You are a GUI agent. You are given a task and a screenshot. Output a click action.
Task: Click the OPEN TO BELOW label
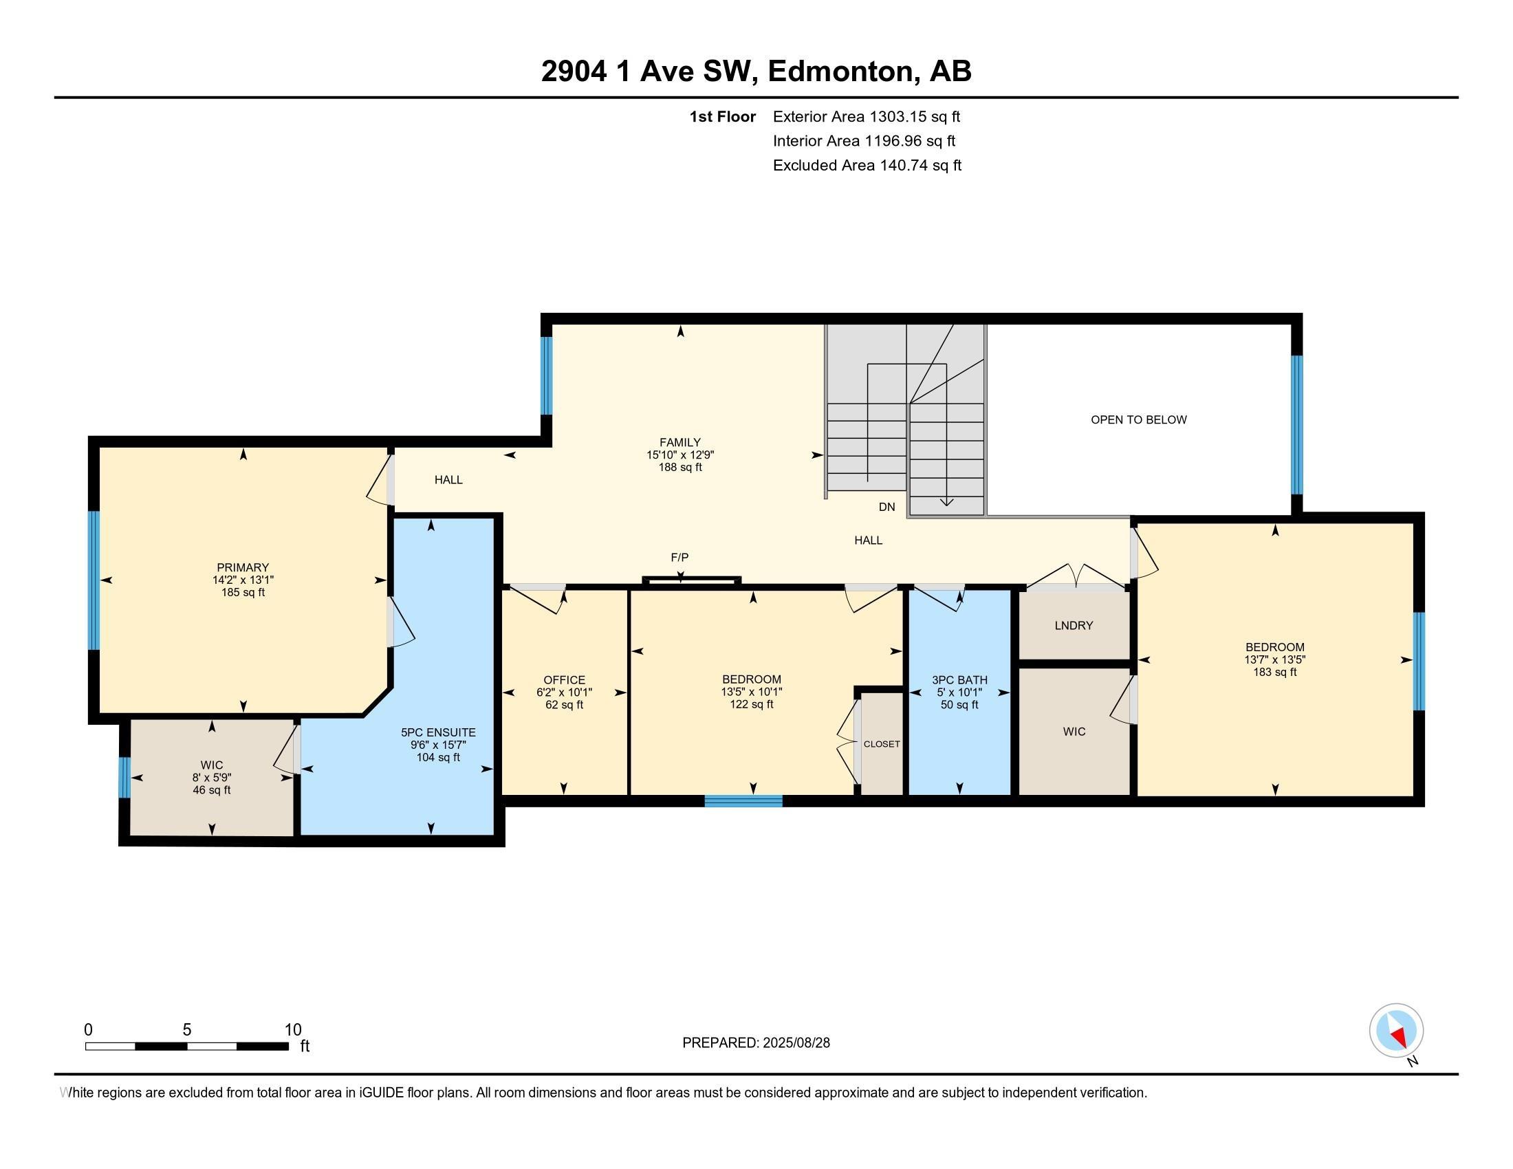tap(1138, 419)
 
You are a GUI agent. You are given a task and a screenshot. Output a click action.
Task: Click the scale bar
tap(186, 1046)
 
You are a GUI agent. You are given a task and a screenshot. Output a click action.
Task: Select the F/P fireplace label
tap(679, 558)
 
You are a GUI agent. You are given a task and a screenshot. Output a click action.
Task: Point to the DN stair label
tap(886, 507)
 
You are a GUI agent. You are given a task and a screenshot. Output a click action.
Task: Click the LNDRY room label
tap(1074, 625)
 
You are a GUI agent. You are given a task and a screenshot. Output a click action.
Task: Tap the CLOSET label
tap(881, 744)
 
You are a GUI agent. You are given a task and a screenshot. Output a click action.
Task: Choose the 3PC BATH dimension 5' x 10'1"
tap(959, 692)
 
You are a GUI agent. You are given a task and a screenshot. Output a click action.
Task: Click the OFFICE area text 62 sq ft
tap(564, 705)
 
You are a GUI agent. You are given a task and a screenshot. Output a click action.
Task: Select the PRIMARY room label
tap(243, 567)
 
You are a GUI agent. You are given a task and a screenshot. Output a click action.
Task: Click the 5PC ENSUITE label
tap(438, 732)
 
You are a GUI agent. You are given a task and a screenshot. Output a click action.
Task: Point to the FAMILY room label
tap(679, 442)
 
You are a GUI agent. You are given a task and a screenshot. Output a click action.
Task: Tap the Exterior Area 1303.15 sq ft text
tap(866, 116)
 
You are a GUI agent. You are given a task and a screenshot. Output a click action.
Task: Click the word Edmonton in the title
tap(839, 72)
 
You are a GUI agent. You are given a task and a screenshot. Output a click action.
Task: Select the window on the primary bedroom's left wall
tap(94, 580)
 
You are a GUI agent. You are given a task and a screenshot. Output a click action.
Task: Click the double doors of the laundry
tap(1075, 577)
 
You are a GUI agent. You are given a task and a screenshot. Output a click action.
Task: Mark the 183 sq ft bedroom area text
tap(1274, 673)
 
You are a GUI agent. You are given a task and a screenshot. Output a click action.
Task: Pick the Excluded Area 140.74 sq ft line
tap(867, 166)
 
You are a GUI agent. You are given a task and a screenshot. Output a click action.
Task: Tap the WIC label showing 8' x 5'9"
tap(211, 765)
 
